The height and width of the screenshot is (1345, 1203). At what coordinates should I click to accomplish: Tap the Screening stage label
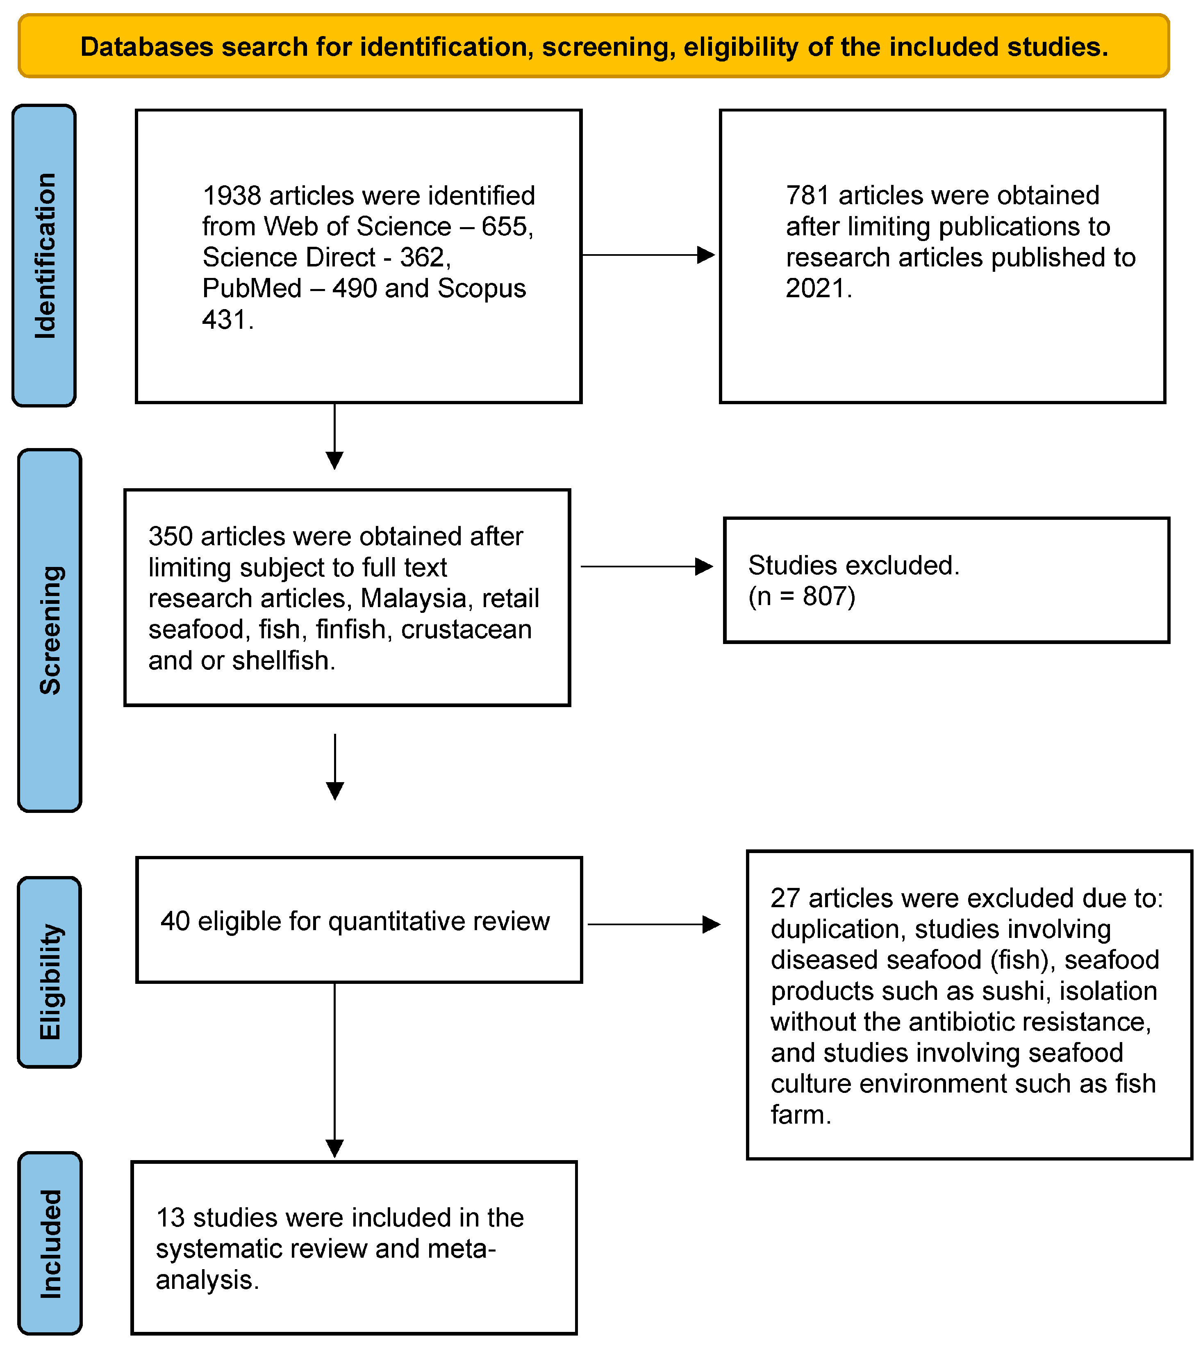(50, 630)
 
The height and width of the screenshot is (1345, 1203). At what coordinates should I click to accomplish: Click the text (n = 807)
(802, 597)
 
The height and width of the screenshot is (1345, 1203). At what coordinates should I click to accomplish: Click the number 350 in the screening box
(171, 537)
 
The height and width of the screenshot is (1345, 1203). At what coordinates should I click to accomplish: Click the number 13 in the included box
(170, 1218)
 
